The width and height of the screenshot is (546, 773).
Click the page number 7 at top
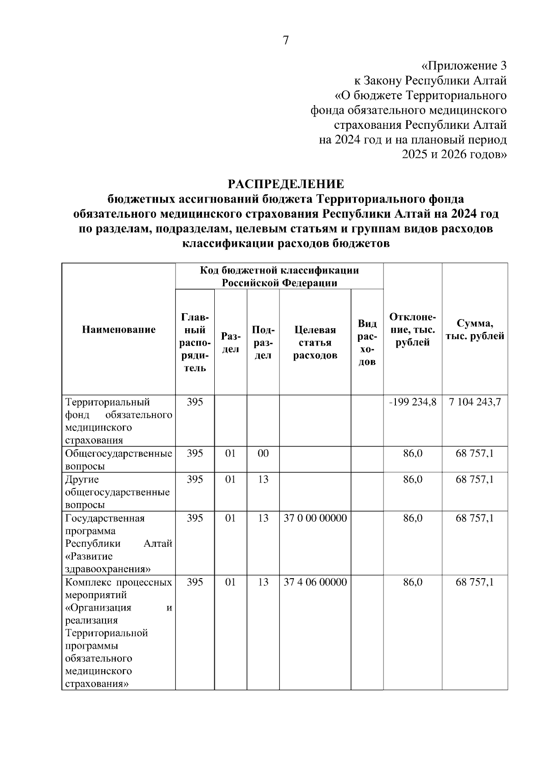285,41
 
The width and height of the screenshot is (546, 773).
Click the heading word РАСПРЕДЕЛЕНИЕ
286,184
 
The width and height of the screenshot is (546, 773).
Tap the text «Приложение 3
464,66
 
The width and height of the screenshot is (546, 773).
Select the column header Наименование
119,330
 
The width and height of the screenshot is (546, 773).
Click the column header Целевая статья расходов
315,342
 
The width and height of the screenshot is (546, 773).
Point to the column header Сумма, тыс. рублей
475,330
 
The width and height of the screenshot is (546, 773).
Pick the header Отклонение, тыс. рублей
412,330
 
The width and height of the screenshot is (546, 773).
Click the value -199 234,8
412,402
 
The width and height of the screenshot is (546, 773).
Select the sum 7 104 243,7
475,402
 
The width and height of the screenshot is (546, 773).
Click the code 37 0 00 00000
315,518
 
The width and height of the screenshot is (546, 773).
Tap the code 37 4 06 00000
315,582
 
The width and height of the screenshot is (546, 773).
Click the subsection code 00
263,453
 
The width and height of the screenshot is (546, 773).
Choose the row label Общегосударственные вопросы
119,459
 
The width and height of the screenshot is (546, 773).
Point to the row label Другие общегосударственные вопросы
117,492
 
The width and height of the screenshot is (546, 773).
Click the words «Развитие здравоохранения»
108,563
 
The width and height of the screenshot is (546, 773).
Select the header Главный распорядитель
195,342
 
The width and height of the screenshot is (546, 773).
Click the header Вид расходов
367,342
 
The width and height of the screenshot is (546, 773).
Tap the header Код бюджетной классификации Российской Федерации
279,277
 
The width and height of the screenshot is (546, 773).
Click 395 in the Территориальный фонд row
195,402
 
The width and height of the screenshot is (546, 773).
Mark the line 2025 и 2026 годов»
454,154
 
